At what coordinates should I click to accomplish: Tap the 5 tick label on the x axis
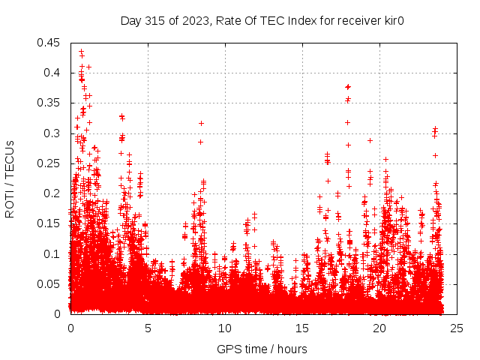[x=148, y=328]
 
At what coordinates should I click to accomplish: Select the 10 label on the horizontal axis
[x=225, y=328]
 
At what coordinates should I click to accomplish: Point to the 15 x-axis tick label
[x=302, y=328]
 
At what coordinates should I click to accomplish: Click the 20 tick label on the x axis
[x=379, y=328]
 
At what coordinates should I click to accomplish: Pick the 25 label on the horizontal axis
[x=457, y=328]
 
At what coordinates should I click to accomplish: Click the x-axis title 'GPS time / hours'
[x=263, y=349]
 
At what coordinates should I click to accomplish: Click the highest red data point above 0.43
[x=81, y=52]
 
